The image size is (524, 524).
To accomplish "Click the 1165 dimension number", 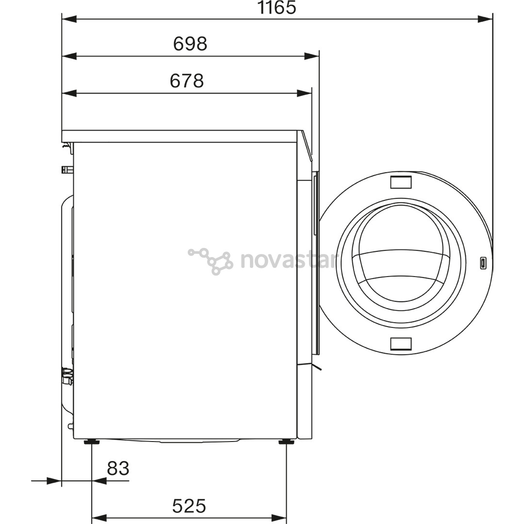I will [277, 8].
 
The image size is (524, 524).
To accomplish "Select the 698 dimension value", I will [190, 44].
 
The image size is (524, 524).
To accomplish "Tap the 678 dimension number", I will [187, 81].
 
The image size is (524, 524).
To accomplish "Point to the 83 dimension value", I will [118, 469].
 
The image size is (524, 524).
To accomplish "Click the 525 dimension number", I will [189, 506].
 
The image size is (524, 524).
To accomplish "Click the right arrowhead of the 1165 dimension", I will [485, 19].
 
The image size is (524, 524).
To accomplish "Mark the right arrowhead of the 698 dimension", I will [312, 56].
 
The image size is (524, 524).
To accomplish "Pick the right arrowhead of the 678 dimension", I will [305, 93].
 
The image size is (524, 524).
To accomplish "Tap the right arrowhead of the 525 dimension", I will [279, 518].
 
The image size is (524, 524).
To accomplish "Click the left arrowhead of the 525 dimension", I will [99, 518].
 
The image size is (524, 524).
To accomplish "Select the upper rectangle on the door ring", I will [401, 182].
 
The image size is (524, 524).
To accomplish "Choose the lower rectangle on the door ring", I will [401, 344].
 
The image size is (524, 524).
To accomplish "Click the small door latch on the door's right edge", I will [484, 263].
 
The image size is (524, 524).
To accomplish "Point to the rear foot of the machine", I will [91, 442].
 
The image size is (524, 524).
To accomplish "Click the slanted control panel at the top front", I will [306, 146].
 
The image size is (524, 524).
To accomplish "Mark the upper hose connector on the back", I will [67, 169].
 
